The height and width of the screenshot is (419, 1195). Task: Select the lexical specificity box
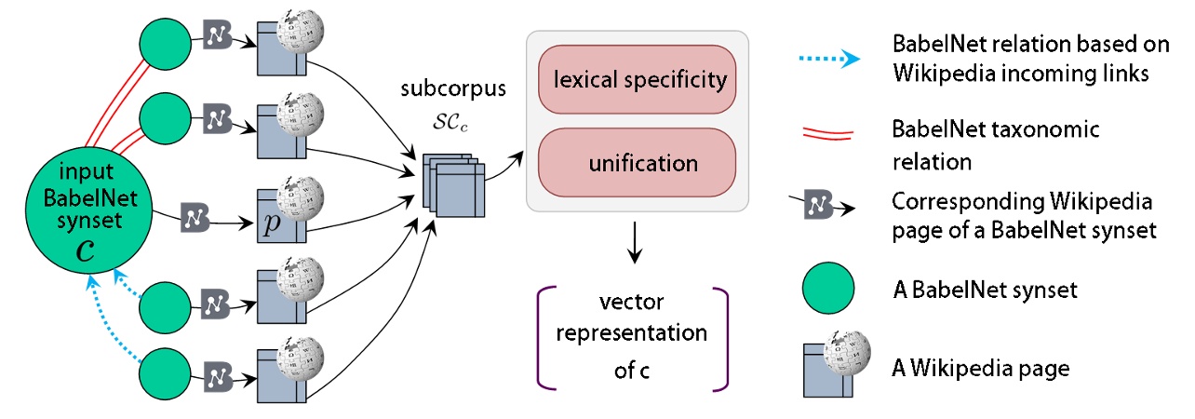click(638, 79)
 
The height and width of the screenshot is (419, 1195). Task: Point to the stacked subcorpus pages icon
click(451, 192)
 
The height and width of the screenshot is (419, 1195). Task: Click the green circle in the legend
click(827, 291)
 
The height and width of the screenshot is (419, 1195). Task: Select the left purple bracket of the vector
click(544, 335)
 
